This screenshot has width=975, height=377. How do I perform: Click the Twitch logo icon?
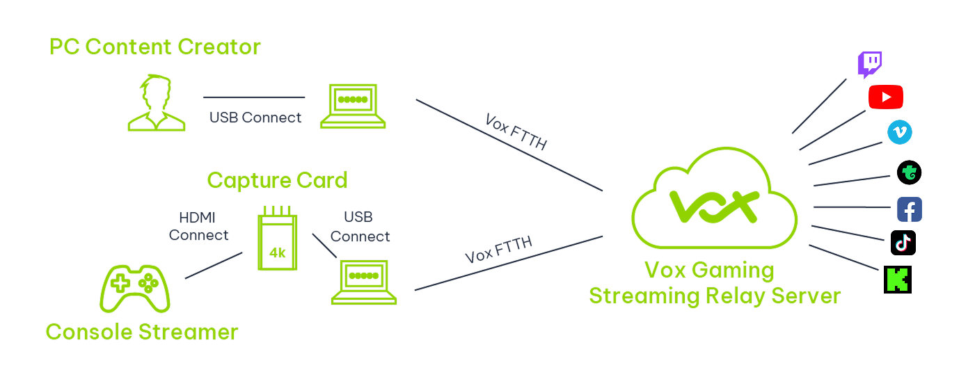click(869, 65)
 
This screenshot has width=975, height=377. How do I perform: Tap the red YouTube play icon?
click(885, 97)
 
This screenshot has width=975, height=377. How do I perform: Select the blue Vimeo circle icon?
click(899, 132)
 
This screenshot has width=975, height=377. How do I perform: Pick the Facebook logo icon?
click(909, 209)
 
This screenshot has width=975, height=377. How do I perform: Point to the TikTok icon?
click(903, 243)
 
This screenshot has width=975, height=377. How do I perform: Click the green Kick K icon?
click(897, 279)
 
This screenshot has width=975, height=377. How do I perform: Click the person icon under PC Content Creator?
click(156, 104)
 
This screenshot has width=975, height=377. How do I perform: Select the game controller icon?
click(136, 288)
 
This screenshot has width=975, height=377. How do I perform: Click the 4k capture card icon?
click(277, 238)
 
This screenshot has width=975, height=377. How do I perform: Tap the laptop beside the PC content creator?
click(353, 106)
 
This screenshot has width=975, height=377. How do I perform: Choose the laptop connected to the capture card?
click(363, 282)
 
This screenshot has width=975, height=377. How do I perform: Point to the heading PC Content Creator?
click(154, 47)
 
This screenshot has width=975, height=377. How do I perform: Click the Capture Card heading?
click(277, 181)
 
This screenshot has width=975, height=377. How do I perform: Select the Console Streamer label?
click(141, 332)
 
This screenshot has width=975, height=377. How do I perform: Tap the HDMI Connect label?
click(198, 227)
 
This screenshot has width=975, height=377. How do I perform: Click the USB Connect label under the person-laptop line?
click(255, 118)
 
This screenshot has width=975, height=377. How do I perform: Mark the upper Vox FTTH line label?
click(516, 131)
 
